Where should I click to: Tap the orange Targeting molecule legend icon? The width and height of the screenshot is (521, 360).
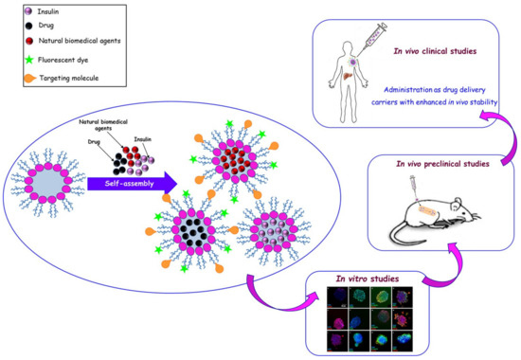(x=17, y=80)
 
